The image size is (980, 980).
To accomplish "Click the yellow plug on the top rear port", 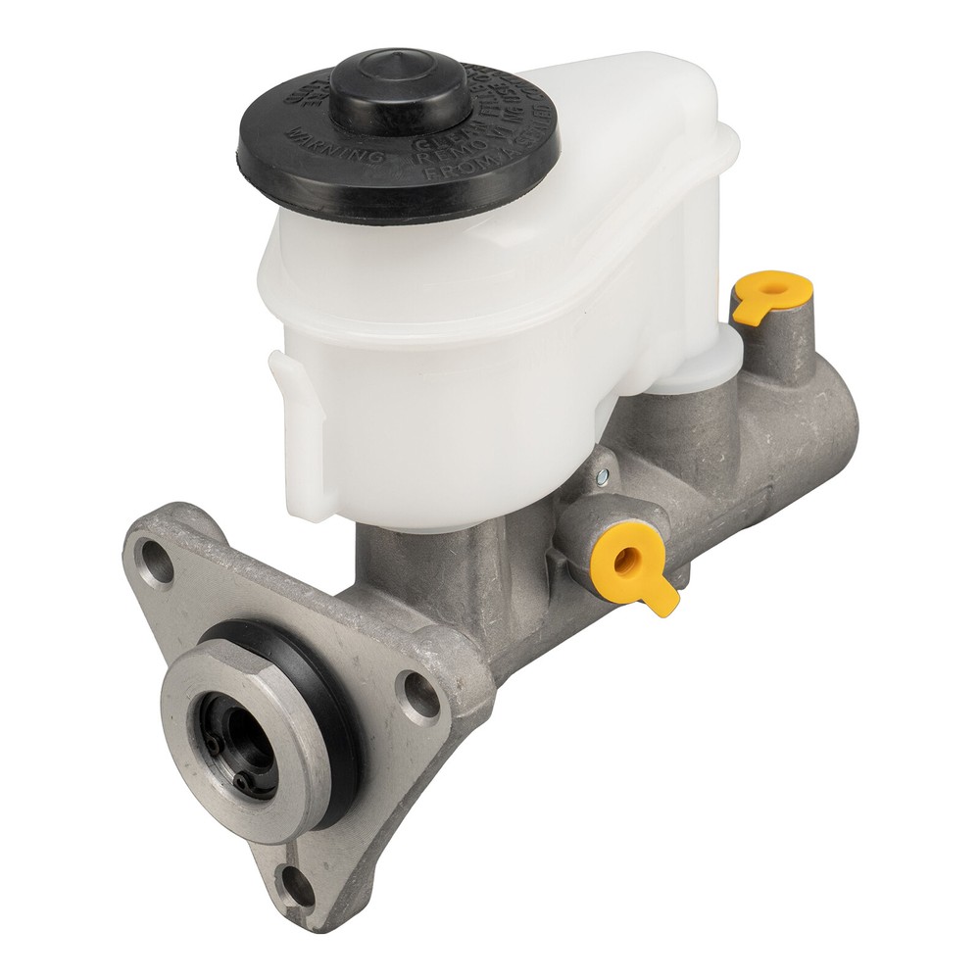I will click(772, 292).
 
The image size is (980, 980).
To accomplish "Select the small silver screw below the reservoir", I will click(601, 476).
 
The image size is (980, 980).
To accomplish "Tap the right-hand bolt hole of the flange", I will click(422, 694).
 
